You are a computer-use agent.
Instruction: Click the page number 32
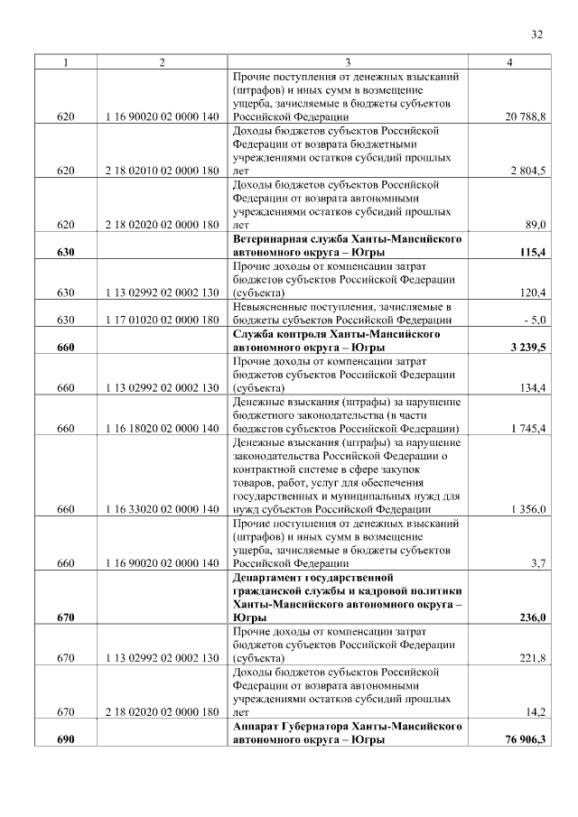(536, 35)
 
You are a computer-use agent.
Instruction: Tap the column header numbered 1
(65, 61)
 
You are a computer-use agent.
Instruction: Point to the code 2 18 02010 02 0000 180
(162, 171)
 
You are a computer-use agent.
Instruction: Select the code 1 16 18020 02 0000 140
(162, 428)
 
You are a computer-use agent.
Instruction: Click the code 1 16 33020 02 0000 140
(162, 509)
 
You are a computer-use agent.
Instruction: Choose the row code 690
(65, 739)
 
